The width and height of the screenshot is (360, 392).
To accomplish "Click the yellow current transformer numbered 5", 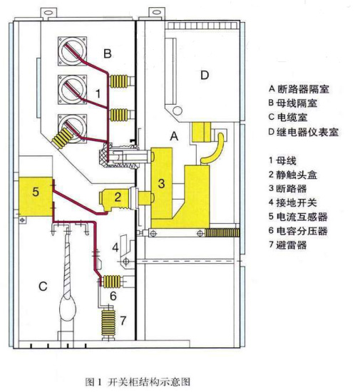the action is click(x=36, y=197).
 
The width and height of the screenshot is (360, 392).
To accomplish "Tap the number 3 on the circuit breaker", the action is click(x=162, y=183).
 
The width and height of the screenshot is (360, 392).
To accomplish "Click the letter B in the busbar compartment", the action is click(x=108, y=53).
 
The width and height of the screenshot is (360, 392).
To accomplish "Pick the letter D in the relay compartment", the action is click(x=205, y=75).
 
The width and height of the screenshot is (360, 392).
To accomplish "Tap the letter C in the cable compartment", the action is click(x=43, y=286).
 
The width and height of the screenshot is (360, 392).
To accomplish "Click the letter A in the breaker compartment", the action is click(x=174, y=136).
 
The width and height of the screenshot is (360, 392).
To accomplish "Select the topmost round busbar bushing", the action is click(x=72, y=51).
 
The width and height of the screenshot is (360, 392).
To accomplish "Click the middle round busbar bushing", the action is click(x=72, y=90).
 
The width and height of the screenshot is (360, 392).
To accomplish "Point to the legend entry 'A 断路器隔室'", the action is click(x=299, y=89).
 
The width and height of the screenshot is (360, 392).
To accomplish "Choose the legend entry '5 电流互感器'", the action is click(x=298, y=217).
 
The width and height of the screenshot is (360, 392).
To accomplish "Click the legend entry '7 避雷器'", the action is click(x=288, y=244).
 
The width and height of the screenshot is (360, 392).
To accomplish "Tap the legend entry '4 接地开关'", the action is click(x=293, y=202).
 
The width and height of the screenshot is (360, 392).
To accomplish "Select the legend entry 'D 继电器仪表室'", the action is click(x=304, y=132).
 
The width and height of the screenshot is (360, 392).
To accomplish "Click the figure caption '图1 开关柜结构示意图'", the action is click(x=138, y=382).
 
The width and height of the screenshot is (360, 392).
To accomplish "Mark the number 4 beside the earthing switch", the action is click(x=115, y=247).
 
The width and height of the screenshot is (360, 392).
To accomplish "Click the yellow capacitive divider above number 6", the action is click(x=112, y=281).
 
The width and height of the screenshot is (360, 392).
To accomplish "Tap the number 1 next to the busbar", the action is click(x=98, y=94).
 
